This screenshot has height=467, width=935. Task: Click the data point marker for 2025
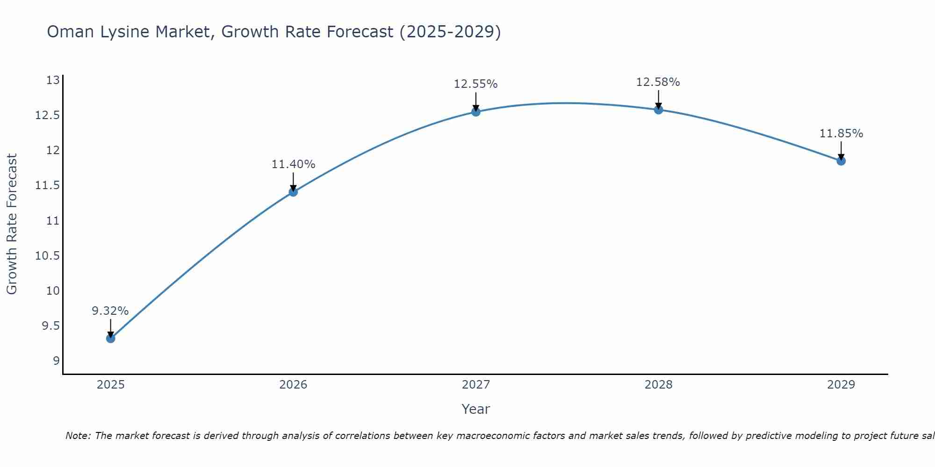point(111,338)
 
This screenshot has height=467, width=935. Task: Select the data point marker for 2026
point(293,192)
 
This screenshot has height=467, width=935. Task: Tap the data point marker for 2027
point(476,112)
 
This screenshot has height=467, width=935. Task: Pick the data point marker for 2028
point(658,110)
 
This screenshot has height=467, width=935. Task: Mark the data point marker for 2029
point(841,161)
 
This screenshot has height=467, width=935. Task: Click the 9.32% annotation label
point(110,311)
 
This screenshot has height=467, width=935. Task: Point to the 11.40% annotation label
point(294,164)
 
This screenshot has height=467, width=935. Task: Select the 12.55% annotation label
point(476,84)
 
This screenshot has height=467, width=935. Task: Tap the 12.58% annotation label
point(658,82)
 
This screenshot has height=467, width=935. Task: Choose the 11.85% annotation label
point(841,134)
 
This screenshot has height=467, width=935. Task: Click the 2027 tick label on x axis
point(476,385)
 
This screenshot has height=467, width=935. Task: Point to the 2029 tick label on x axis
point(841,385)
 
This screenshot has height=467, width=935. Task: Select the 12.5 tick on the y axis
point(48,115)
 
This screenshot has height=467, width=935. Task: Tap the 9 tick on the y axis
point(56,361)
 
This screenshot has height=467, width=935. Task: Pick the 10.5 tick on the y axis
point(48,255)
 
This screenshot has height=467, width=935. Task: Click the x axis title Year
point(476,409)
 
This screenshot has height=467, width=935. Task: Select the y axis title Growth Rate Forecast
point(12,224)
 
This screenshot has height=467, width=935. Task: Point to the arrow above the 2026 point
point(294,182)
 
